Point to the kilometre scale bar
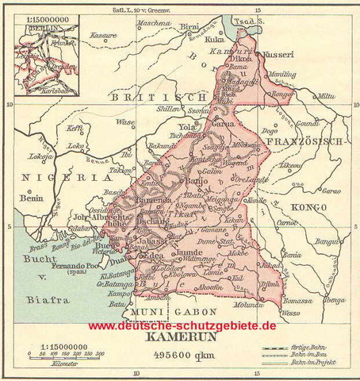pos(59,355)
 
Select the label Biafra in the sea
pos(40,302)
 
